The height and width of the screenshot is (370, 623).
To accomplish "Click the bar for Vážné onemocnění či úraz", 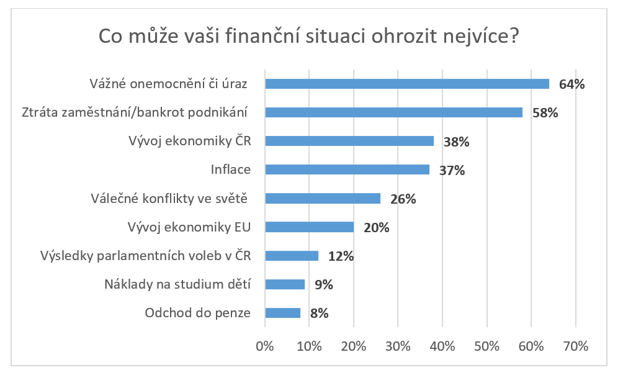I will click(x=407, y=84).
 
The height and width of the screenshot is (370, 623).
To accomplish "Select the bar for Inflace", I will click(x=347, y=169).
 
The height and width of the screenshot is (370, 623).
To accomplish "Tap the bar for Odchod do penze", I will click(x=282, y=313).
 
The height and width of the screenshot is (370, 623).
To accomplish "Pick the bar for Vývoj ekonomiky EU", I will click(x=309, y=227).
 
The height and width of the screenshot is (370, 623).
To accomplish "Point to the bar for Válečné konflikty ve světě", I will click(x=323, y=199).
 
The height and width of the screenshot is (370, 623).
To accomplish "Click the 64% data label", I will click(x=571, y=84).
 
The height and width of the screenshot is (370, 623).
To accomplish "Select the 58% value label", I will click(x=545, y=113).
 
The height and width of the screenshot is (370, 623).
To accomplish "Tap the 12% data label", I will click(x=341, y=256).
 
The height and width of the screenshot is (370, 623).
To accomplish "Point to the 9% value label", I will click(x=323, y=284).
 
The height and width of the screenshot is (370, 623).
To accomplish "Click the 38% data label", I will click(x=456, y=142).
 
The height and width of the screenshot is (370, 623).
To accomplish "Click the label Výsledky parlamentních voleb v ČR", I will click(x=145, y=256).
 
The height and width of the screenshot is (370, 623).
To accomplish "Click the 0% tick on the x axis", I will click(x=265, y=346).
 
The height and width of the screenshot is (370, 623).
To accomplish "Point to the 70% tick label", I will click(x=575, y=346).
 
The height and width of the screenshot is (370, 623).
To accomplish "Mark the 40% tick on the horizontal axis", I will click(x=442, y=346).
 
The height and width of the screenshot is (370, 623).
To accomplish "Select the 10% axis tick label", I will click(x=309, y=346).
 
